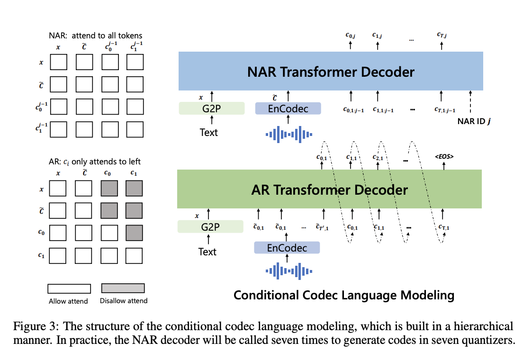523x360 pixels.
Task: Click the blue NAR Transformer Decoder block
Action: pyautogui.click(x=330, y=72)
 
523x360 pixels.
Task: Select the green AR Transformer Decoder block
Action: pyautogui.click(x=329, y=189)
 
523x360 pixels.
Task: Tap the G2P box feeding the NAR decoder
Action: pyautogui.click(x=211, y=108)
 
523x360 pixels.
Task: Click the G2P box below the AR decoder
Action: pyautogui.click(x=210, y=227)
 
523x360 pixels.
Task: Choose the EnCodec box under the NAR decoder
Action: pyautogui.click(x=288, y=108)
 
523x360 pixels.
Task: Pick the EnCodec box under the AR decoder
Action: pyautogui.click(x=287, y=248)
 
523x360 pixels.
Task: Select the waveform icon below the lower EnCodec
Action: pyautogui.click(x=288, y=271)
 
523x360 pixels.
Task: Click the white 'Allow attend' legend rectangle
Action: pyautogui.click(x=69, y=288)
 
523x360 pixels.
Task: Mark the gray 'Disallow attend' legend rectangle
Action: pyautogui.click(x=123, y=288)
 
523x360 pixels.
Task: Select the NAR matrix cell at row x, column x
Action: pyautogui.click(x=59, y=62)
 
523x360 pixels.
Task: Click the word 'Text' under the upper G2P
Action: pyautogui.click(x=208, y=133)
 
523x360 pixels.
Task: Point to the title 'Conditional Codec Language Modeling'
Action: pyautogui.click(x=344, y=296)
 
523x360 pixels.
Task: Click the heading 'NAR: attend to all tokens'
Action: pyautogui.click(x=95, y=36)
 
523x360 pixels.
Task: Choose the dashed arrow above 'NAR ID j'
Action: pyautogui.click(x=470, y=102)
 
